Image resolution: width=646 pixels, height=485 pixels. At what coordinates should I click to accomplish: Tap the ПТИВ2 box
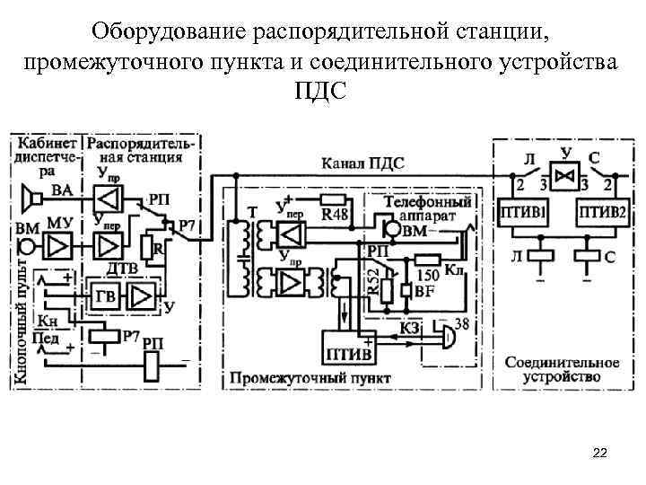tap(601, 216)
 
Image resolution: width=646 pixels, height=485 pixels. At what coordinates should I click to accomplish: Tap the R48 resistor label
tap(336, 214)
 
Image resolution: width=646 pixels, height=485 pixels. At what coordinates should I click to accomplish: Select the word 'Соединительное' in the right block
tap(562, 362)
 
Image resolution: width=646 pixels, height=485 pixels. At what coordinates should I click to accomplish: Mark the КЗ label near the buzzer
tap(409, 330)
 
